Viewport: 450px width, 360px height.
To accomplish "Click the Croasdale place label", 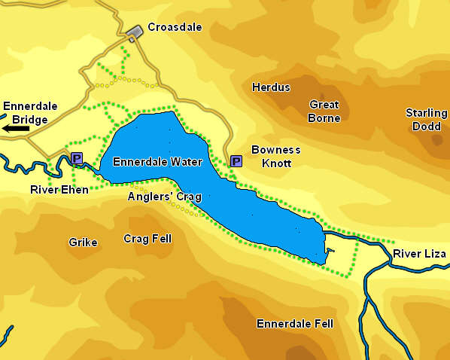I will pyautogui.click(x=175, y=27).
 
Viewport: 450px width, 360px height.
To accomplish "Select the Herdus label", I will pyautogui.click(x=271, y=87).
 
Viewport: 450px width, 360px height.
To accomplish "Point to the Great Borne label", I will pyautogui.click(x=324, y=111).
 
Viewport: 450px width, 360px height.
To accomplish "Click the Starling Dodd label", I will pyautogui.click(x=427, y=120).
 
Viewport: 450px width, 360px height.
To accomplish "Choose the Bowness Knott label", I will pyautogui.click(x=275, y=156).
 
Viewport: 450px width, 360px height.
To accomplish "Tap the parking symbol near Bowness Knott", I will pyautogui.click(x=236, y=161).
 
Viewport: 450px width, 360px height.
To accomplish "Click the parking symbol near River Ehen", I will pyautogui.click(x=76, y=157).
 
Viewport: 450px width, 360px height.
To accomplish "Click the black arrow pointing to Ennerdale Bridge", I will pyautogui.click(x=17, y=130).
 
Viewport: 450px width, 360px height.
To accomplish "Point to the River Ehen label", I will pyautogui.click(x=59, y=190).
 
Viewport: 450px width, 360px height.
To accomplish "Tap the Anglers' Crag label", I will pyautogui.click(x=165, y=197).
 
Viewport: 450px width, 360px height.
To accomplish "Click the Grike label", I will pyautogui.click(x=83, y=243).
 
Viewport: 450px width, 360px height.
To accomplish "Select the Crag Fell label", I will pyautogui.click(x=147, y=239).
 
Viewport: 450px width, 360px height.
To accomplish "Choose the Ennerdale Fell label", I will pyautogui.click(x=295, y=324).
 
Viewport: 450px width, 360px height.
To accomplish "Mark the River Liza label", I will pyautogui.click(x=420, y=255).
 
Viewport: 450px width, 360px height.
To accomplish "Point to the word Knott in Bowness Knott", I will pyautogui.click(x=275, y=162).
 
